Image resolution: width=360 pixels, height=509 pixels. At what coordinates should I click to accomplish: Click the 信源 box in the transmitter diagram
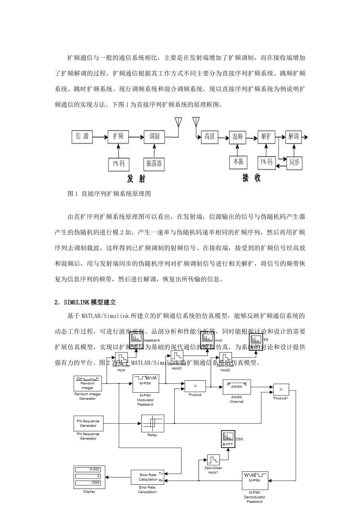tap(82, 136)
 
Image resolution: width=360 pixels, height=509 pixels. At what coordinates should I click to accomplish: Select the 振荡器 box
tap(154, 164)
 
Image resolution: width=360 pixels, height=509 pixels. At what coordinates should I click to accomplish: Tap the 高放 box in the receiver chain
tap(210, 136)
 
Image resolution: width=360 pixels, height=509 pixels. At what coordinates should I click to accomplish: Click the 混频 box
tap(238, 136)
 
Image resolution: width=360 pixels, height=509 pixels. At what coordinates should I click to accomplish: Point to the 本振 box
tap(238, 162)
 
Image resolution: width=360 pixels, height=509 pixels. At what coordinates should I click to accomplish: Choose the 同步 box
tap(294, 162)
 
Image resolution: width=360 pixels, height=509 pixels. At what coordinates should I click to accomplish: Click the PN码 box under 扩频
tap(118, 164)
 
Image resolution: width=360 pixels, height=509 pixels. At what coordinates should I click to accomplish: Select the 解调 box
tap(294, 136)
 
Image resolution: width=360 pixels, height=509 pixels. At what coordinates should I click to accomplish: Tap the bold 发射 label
tap(136, 178)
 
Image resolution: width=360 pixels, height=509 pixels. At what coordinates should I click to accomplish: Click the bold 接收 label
tap(251, 178)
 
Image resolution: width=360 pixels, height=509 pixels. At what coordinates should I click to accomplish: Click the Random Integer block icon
tap(88, 383)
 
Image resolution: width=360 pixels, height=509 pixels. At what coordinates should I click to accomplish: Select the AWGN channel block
tap(236, 387)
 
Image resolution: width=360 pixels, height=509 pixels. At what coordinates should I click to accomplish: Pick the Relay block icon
tap(152, 423)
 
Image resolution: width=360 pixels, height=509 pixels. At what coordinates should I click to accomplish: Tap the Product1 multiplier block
tap(281, 389)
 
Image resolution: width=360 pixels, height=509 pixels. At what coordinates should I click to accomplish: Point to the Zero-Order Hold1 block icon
tap(213, 460)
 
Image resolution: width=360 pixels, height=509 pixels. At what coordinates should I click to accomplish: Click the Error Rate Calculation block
tap(148, 477)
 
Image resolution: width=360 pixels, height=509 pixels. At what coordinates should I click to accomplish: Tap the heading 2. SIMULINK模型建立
tap(85, 302)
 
